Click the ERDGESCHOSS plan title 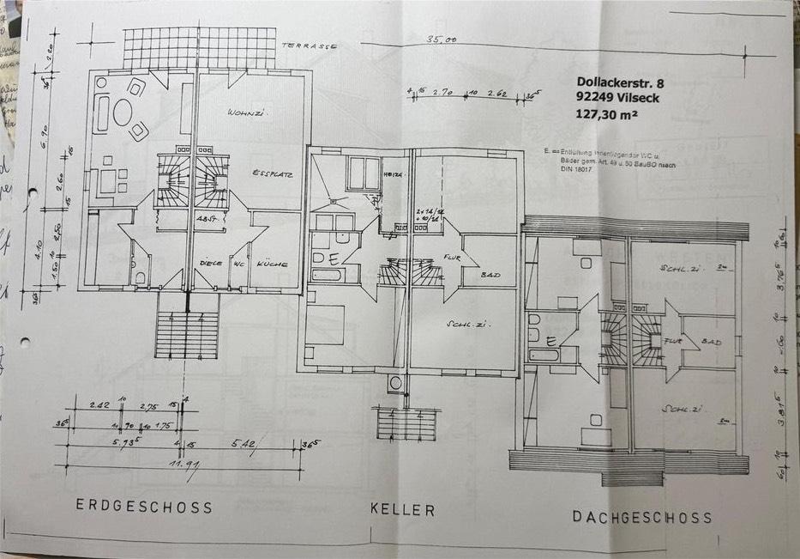point(144,506)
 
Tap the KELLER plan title point(402,509)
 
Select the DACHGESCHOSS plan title point(642,517)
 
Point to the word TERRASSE point(312,46)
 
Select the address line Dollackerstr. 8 point(621,83)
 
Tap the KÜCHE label point(270,264)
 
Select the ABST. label point(204,219)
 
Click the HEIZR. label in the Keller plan point(394,174)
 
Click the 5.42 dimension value point(243,444)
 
